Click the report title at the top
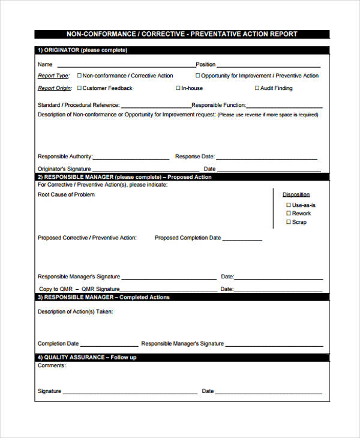point(182,34)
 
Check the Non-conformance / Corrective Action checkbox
point(78,76)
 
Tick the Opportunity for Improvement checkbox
point(197,76)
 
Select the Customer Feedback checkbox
point(78,88)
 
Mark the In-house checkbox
point(178,88)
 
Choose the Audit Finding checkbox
point(257,88)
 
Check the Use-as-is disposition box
point(289,205)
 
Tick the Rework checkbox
point(289,214)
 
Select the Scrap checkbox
point(289,222)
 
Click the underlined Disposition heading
point(296,194)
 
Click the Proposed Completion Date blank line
point(243,239)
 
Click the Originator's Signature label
point(64,169)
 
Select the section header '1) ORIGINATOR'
point(82,50)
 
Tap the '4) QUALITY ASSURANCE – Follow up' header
point(87,358)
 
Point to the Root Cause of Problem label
point(66,195)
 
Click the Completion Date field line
point(109,346)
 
